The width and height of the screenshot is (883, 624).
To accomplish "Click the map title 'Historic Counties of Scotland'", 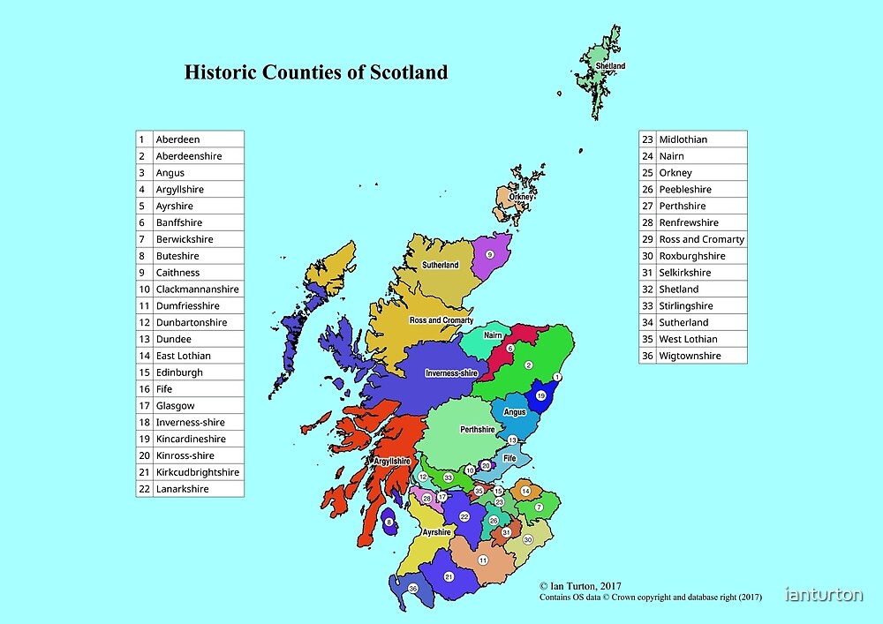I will (316, 72).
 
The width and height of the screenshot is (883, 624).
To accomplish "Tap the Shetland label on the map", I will (610, 66).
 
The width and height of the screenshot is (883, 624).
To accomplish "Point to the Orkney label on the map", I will (521, 197).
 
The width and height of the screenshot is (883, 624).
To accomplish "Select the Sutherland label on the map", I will (440, 265).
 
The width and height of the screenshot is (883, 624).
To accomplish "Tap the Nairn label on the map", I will (493, 335).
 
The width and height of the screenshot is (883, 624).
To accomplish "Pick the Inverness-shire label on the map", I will (451, 373).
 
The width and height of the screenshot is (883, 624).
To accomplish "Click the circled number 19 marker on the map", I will (541, 397).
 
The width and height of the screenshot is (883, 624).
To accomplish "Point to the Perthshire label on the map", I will (478, 430).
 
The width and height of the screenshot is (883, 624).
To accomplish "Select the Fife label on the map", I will (509, 459).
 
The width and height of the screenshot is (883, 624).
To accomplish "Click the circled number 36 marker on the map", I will (412, 588).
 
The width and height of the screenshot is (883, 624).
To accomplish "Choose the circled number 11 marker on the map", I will (483, 560).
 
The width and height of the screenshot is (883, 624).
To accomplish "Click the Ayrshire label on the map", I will (436, 532).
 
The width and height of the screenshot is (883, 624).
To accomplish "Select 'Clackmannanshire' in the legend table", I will (198, 289).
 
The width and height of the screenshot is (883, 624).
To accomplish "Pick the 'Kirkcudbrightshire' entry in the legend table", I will (198, 472).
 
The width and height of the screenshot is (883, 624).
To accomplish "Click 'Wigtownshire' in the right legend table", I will (690, 356).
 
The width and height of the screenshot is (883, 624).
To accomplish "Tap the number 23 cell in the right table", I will (647, 139).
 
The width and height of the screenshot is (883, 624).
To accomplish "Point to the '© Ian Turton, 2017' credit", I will (582, 585).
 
